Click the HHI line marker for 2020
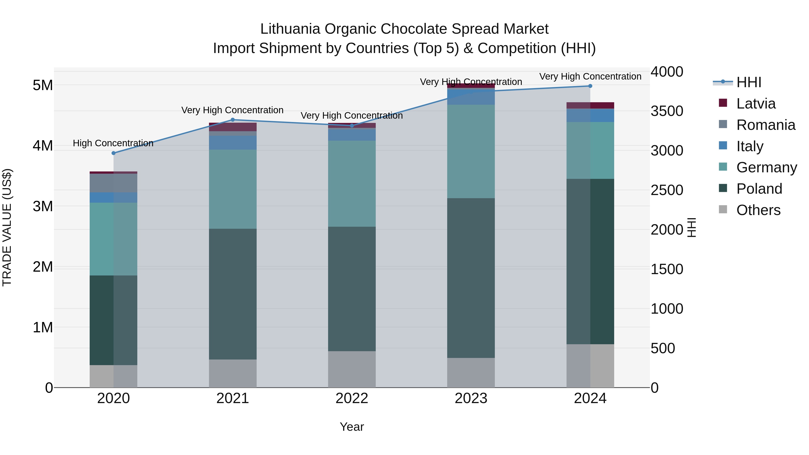tap(114, 153)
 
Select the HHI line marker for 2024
tap(590, 86)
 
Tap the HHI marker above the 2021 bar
tap(233, 120)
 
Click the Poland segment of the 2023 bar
tap(471, 278)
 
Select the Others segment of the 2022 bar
tap(352, 369)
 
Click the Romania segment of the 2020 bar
tap(114, 183)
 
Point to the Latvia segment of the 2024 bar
tap(590, 106)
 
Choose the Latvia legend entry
tap(756, 104)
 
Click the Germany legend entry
tap(766, 167)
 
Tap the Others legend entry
tap(758, 210)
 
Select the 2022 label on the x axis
tap(352, 398)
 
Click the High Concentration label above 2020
tap(113, 143)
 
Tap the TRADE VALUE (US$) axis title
tap(7, 227)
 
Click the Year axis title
tap(352, 427)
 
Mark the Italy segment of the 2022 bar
tap(352, 135)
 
